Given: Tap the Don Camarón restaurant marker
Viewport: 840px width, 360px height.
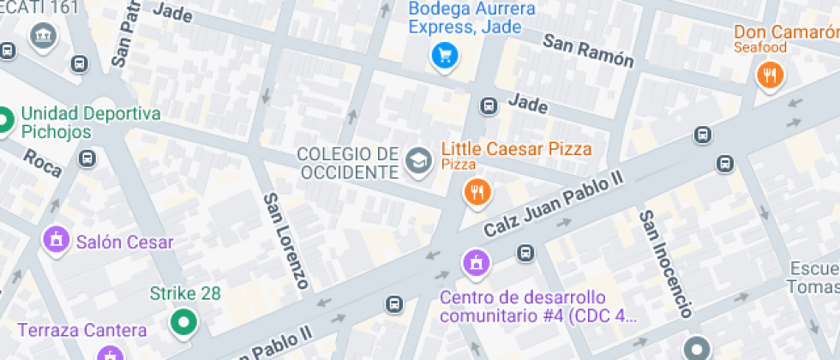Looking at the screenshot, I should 770,75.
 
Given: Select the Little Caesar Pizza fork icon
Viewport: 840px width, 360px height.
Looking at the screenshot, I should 477,193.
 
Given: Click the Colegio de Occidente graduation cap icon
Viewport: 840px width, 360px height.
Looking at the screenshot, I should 418,160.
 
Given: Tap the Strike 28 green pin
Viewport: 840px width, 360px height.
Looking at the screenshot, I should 182,323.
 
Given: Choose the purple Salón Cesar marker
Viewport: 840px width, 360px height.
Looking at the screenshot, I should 57,240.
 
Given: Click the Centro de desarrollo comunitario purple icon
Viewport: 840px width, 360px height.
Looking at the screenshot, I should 475,261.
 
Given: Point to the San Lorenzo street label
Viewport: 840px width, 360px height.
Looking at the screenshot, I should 286,239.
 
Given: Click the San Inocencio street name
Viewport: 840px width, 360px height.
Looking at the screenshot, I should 665,261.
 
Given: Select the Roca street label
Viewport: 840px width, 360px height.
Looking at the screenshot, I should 42,162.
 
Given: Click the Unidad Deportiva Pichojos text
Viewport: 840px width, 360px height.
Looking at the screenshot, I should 91,123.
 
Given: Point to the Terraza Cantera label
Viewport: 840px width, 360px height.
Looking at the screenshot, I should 82,329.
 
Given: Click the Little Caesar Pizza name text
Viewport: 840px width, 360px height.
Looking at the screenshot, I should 516,148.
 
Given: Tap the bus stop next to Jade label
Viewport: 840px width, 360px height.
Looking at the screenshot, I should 489,105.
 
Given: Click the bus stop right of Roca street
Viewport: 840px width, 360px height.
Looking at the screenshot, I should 87,158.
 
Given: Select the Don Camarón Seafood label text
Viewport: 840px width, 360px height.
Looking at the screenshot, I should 784,39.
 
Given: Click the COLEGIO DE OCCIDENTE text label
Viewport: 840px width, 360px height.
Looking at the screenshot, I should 348,163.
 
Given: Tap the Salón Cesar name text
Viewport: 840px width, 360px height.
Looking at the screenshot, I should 124,242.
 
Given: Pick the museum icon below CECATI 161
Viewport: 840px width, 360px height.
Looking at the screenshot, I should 41,36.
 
